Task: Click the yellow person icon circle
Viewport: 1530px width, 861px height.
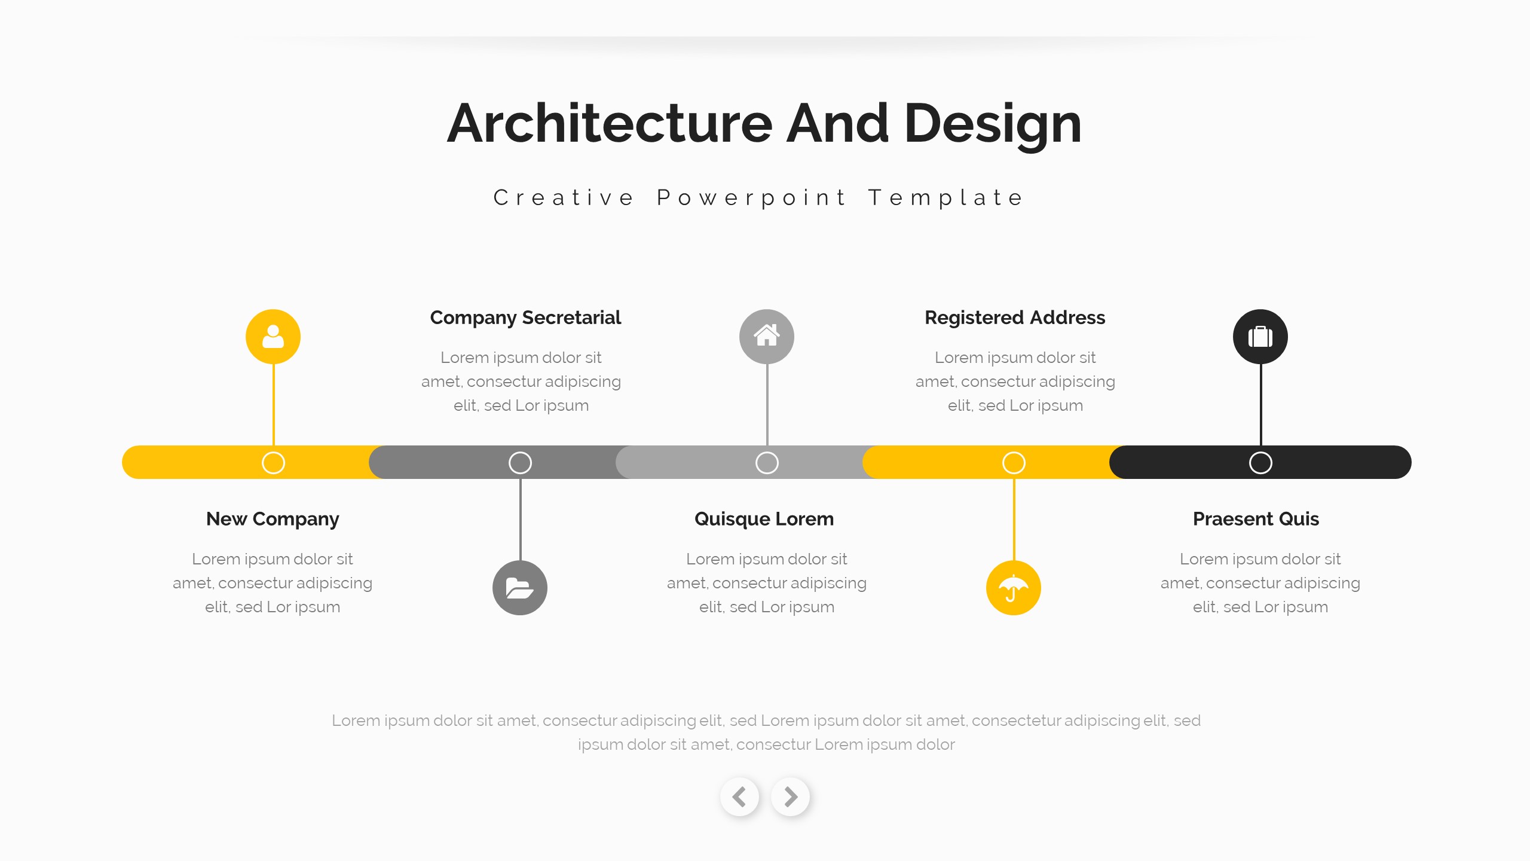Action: pyautogui.click(x=273, y=337)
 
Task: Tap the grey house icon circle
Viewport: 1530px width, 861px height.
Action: pyautogui.click(x=767, y=337)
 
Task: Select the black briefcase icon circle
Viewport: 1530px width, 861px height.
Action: pyautogui.click(x=1260, y=337)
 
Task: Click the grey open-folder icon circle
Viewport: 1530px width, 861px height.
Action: pyautogui.click(x=520, y=588)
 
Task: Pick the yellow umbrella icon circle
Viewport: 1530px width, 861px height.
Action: pyautogui.click(x=1014, y=588)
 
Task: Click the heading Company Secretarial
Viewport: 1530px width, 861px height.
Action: pyautogui.click(x=525, y=317)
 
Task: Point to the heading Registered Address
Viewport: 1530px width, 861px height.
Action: pyautogui.click(x=1015, y=317)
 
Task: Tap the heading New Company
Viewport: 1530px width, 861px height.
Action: pyautogui.click(x=273, y=519)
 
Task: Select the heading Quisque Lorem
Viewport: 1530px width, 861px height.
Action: pyautogui.click(x=764, y=519)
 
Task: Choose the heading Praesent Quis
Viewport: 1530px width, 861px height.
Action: pyautogui.click(x=1256, y=519)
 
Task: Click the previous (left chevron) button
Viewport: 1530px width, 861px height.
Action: pyautogui.click(x=740, y=796)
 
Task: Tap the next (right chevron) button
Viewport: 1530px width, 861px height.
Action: pyautogui.click(x=791, y=796)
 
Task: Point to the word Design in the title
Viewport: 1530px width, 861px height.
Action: pyautogui.click(x=993, y=124)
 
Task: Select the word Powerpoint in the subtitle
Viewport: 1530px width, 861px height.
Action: pyautogui.click(x=752, y=198)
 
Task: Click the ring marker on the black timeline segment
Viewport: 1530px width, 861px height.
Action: pyautogui.click(x=1260, y=463)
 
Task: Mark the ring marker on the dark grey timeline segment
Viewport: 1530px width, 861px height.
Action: pyautogui.click(x=520, y=463)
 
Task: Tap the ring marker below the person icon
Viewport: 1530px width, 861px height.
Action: pyautogui.click(x=273, y=463)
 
